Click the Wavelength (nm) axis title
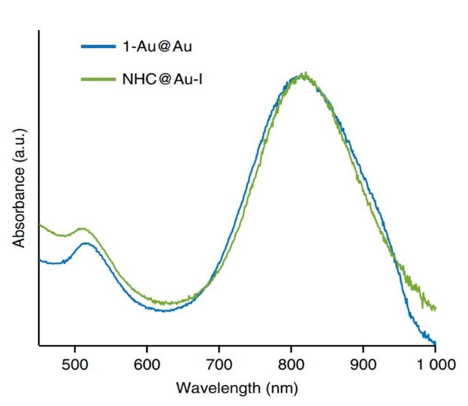(237, 389)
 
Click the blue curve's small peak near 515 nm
(86, 243)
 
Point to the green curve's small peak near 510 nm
(82, 227)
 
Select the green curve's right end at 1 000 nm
(435, 308)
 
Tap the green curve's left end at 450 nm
(40, 224)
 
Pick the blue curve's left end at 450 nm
(40, 261)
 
